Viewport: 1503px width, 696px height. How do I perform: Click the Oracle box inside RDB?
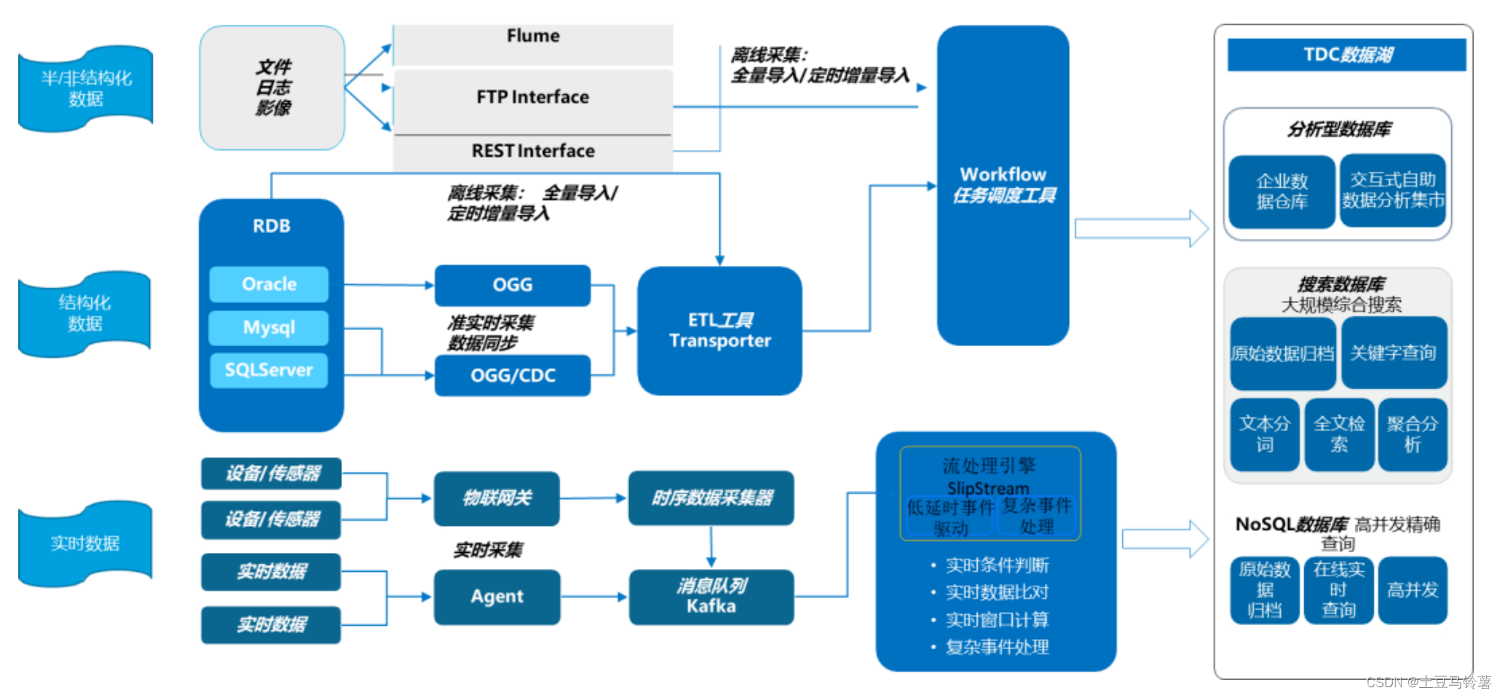click(269, 284)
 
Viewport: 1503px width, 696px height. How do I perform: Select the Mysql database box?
click(269, 327)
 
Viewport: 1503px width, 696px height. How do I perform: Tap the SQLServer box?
click(269, 370)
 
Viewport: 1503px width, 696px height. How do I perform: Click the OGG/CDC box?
click(512, 375)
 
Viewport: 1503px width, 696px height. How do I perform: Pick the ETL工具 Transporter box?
click(719, 330)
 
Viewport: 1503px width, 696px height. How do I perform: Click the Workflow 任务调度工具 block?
click(1002, 185)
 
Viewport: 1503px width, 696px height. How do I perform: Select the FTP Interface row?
click(533, 97)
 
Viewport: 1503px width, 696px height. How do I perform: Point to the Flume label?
click(533, 36)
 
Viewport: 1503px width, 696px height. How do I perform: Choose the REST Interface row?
click(533, 151)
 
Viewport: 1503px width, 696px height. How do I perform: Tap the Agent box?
click(497, 597)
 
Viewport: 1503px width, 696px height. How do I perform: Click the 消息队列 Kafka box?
click(711, 597)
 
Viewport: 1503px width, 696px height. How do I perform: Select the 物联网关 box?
click(497, 498)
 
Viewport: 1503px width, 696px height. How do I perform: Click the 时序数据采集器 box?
click(711, 498)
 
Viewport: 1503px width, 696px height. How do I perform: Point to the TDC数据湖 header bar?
click(1346, 55)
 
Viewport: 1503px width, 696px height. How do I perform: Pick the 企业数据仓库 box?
click(1282, 191)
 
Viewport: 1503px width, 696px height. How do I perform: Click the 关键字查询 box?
click(1393, 353)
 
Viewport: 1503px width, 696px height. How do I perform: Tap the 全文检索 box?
click(1339, 434)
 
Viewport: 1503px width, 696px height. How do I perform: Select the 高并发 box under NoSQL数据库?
click(1412, 590)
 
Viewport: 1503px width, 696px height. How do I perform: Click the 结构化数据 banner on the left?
click(85, 313)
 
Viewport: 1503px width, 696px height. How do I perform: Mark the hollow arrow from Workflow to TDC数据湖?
click(1140, 229)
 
